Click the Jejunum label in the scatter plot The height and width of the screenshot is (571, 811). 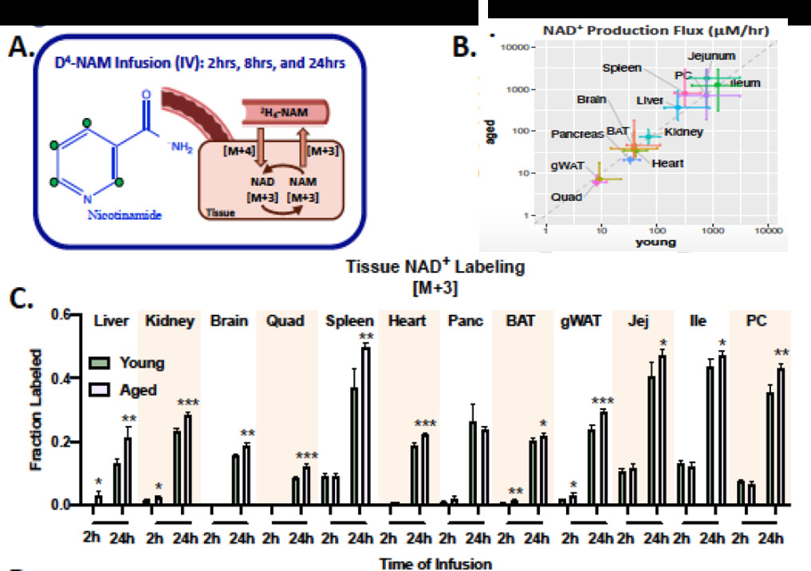coord(713,56)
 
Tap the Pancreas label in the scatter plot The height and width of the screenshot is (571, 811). coord(577,135)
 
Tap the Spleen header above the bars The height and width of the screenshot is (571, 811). coord(348,323)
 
